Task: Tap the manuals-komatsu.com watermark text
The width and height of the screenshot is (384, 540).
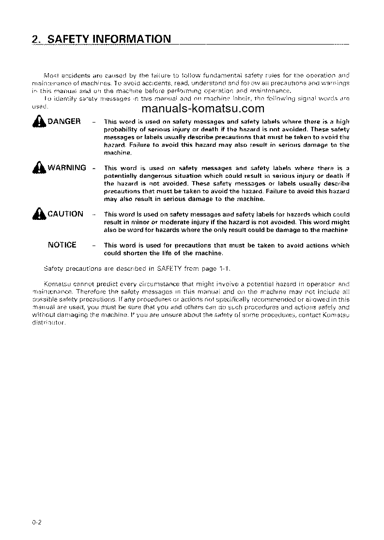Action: pos(203,108)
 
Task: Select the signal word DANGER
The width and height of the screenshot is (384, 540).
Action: pos(64,121)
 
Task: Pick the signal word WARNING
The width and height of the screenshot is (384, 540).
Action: pos(67,168)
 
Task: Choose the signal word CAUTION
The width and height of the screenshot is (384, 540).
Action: pos(65,214)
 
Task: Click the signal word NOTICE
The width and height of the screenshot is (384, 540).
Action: pos(62,245)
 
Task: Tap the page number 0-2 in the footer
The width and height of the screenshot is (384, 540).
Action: pos(38,522)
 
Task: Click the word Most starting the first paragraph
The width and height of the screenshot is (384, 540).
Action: pos(50,76)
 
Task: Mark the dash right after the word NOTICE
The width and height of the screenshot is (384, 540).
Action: pos(93,246)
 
